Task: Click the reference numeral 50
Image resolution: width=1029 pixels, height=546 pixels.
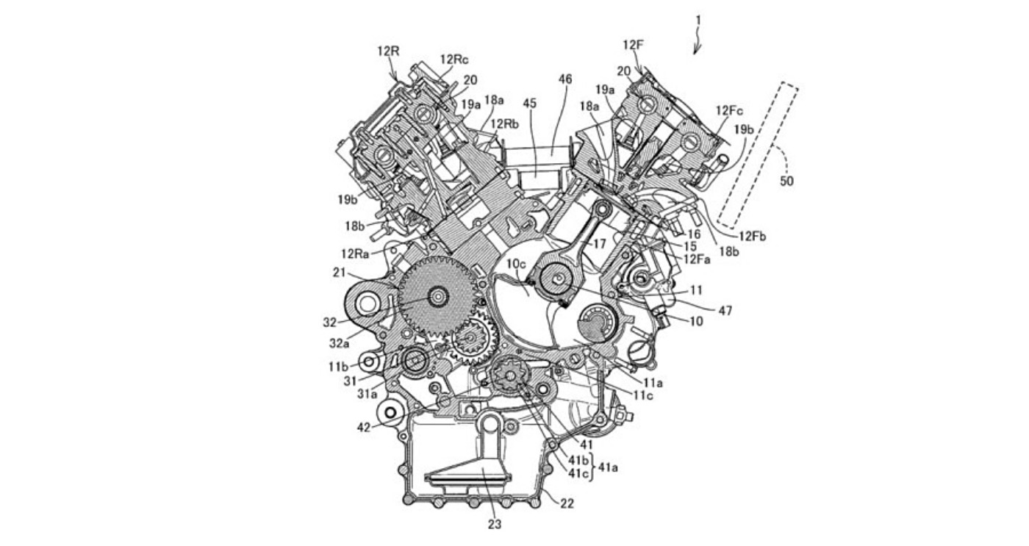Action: tap(786, 181)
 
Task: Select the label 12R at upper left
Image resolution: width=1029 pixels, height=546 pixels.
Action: tap(389, 51)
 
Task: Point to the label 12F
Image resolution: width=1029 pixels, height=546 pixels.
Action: tap(633, 45)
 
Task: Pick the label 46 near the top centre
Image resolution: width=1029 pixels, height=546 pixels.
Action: tap(564, 78)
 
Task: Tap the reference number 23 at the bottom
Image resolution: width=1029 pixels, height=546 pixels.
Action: tap(495, 525)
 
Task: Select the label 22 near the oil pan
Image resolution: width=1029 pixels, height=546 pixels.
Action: tap(567, 503)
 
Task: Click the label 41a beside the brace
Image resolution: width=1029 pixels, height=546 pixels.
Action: tap(606, 467)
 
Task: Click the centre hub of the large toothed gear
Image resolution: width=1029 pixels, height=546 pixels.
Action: tap(439, 296)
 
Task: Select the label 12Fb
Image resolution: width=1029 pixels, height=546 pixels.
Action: tap(753, 236)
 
